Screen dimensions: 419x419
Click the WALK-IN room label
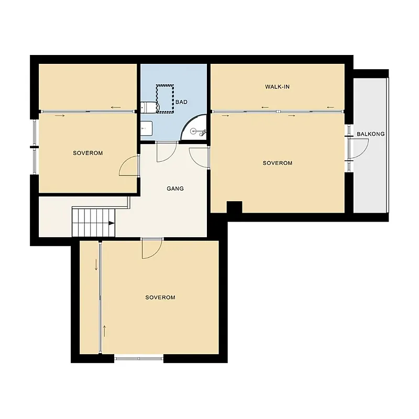[x=277, y=86]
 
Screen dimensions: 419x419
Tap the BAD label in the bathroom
[x=181, y=102]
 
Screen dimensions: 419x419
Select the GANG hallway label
[x=175, y=189]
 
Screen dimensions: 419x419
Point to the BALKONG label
[x=371, y=134]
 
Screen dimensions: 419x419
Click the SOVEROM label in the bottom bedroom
[x=160, y=297]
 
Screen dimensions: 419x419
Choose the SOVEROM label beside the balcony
[x=278, y=163]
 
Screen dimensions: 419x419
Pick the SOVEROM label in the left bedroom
[x=88, y=153]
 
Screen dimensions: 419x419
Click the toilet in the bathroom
[x=150, y=107]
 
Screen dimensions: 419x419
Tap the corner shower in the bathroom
[x=194, y=127]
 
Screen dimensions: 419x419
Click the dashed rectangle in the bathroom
[x=165, y=98]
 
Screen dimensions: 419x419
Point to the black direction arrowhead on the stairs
[x=112, y=224]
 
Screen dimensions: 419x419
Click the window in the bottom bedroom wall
[x=139, y=358]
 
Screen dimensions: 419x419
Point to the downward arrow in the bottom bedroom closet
[x=96, y=265]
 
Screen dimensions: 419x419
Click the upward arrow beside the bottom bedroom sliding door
[x=104, y=331]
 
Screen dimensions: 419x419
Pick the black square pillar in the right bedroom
[x=234, y=207]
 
